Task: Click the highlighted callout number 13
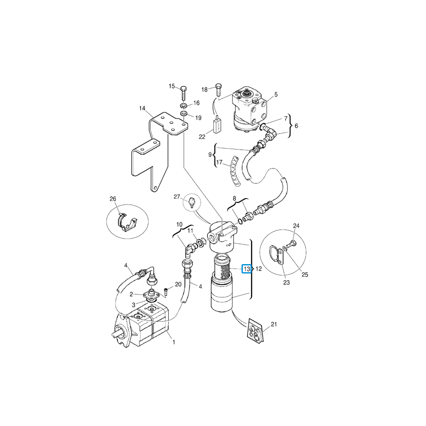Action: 247,269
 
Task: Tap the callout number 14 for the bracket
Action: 142,109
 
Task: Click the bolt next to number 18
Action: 219,89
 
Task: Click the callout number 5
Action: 276,95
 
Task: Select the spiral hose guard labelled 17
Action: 235,171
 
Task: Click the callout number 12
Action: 259,269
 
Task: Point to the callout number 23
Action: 286,282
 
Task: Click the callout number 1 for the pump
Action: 174,343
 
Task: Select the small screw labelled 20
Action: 167,292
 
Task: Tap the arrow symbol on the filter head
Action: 229,245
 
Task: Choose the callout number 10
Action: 179,225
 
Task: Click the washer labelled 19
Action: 184,113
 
